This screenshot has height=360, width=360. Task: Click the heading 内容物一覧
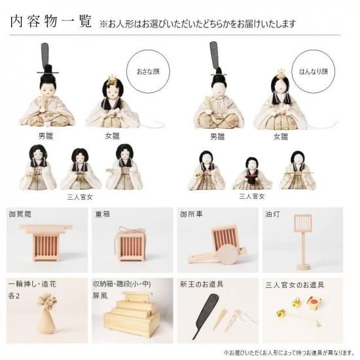[x=51, y=22]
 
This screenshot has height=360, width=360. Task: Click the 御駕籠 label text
[x=20, y=214]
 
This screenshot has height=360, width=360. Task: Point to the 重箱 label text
[x=102, y=214]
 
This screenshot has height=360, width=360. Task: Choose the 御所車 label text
[x=191, y=214]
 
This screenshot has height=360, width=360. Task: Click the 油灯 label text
[x=272, y=214]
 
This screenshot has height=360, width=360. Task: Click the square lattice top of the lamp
[x=303, y=223]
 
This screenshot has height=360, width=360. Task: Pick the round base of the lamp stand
[x=303, y=267]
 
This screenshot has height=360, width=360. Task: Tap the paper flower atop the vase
[x=47, y=302]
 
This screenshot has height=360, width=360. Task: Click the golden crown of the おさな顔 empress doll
[x=111, y=79]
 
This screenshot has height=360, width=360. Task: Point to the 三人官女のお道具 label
[x=295, y=285]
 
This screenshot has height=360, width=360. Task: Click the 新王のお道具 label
[x=202, y=285]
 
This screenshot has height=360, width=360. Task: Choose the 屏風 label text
[x=100, y=295]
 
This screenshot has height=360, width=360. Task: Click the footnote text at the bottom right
[x=289, y=352]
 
